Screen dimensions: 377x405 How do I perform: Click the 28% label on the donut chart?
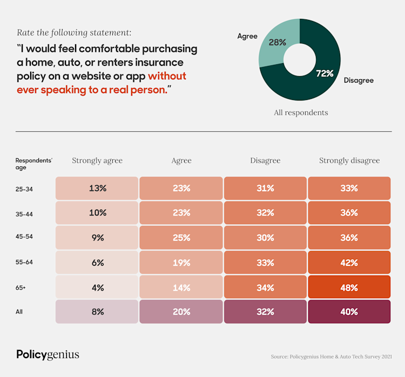(x=277, y=42)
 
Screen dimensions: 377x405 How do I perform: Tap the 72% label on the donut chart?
(x=325, y=73)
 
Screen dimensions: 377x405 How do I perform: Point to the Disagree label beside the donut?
(x=359, y=80)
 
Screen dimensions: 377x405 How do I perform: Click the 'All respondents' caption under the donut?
(x=300, y=113)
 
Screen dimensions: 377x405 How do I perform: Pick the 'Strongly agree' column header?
(x=97, y=160)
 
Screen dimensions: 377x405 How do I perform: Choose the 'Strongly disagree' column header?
(x=349, y=160)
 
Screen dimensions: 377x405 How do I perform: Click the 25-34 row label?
(x=24, y=189)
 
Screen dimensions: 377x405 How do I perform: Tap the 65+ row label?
(x=21, y=288)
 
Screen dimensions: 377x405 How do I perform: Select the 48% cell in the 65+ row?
(x=349, y=288)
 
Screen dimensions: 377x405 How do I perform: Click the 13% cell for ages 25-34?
(x=97, y=188)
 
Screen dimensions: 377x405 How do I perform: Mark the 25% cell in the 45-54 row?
(x=181, y=238)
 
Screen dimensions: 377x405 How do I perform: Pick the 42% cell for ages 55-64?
(x=349, y=263)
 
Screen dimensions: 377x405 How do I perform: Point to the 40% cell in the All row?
(x=349, y=312)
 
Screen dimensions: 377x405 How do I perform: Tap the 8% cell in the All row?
(x=97, y=312)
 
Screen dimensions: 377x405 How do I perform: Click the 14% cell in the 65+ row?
(x=181, y=288)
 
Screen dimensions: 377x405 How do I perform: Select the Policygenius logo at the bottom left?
(x=48, y=354)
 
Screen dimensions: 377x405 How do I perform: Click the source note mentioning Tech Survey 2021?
(x=331, y=357)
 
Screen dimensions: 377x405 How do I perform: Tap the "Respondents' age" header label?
(x=33, y=164)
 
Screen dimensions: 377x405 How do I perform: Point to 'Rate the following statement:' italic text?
(x=74, y=32)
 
